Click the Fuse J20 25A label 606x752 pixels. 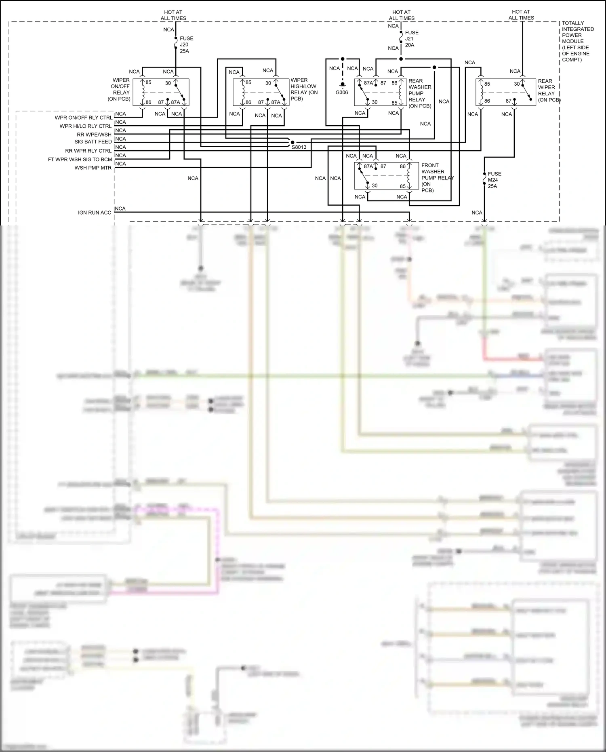(x=186, y=45)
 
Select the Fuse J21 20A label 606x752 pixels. (x=412, y=39)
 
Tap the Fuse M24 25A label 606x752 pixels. (x=494, y=180)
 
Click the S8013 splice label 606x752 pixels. (x=299, y=147)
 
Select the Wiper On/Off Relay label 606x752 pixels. (x=120, y=89)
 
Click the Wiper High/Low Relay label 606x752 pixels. (x=303, y=89)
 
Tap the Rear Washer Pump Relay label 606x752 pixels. (x=420, y=93)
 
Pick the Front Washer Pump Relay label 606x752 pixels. (x=437, y=177)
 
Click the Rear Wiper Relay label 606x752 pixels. (x=548, y=91)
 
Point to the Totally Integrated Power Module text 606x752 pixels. (x=577, y=41)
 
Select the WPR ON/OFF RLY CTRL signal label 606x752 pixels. (x=83, y=118)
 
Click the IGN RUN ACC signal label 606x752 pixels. (x=94, y=213)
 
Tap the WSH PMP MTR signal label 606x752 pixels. (x=93, y=168)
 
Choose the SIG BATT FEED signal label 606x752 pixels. (x=93, y=142)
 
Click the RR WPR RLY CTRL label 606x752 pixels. (x=88, y=151)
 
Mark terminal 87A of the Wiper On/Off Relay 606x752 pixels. (x=175, y=103)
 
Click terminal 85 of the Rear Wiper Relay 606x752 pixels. (x=487, y=84)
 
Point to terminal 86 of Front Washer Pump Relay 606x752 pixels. (x=402, y=166)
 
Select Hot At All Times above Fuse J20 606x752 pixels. (x=173, y=15)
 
